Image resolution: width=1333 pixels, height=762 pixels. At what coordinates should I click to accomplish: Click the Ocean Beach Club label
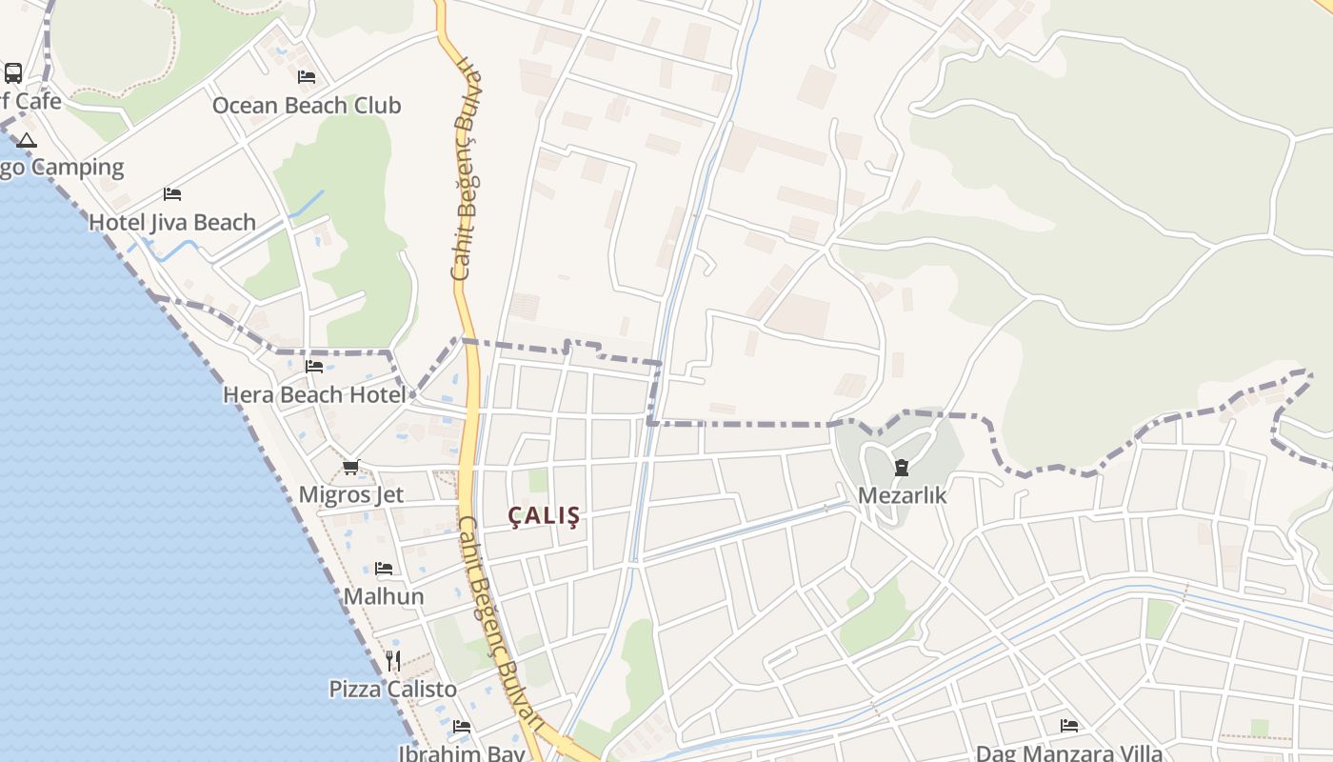tap(307, 105)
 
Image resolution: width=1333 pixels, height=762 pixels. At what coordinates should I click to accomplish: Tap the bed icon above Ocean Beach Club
tap(307, 76)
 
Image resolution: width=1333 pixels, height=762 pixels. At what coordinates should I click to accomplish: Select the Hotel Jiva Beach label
tap(172, 222)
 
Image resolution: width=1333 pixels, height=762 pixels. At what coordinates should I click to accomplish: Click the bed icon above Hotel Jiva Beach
tap(172, 193)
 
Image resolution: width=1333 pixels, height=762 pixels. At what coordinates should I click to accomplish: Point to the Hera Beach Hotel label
tap(314, 393)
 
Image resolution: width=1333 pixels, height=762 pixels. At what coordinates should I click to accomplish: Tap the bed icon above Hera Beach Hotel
tap(314, 366)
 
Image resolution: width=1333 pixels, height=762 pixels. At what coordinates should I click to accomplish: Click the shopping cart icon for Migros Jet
tap(351, 467)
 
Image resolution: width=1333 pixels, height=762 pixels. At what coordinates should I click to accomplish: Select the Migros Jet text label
tap(351, 494)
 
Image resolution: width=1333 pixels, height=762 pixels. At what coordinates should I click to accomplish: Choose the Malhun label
tap(384, 596)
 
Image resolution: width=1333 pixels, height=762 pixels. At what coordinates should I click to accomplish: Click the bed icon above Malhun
tap(384, 569)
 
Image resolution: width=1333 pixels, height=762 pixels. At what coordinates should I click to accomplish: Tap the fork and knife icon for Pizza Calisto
tap(393, 659)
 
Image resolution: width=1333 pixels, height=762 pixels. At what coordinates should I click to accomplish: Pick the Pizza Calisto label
tap(393, 689)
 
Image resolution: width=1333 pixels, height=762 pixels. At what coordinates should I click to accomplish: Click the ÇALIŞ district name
tap(545, 516)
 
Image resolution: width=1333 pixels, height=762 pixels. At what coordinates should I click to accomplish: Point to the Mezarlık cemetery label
tap(902, 495)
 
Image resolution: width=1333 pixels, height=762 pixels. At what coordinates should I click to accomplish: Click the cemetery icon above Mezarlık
tap(902, 467)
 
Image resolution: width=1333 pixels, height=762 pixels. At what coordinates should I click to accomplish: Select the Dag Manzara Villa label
tap(1069, 752)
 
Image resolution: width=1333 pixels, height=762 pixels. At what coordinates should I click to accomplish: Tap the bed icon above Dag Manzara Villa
tap(1069, 726)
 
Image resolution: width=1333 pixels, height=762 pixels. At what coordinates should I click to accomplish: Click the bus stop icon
tap(13, 72)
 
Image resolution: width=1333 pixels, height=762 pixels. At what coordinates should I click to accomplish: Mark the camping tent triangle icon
tap(27, 141)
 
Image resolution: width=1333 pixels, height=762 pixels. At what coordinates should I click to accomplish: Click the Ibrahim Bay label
tap(462, 753)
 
